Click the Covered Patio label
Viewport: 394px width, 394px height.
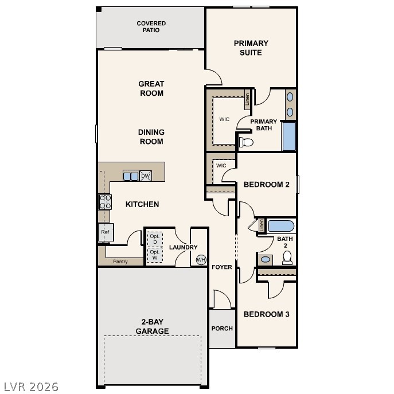pyautogui.click(x=151, y=27)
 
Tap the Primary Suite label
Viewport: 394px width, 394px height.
pyautogui.click(x=251, y=48)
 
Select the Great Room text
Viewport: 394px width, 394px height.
pyautogui.click(x=151, y=88)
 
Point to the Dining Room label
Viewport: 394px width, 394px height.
pyautogui.click(x=151, y=136)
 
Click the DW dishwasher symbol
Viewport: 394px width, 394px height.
pyautogui.click(x=146, y=176)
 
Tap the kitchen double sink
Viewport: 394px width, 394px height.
pyautogui.click(x=131, y=176)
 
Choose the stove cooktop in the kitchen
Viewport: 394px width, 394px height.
pyautogui.click(x=106, y=201)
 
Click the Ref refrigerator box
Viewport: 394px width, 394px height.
pyautogui.click(x=106, y=232)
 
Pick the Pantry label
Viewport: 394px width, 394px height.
pyautogui.click(x=120, y=262)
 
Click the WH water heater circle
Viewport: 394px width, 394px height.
pyautogui.click(x=201, y=260)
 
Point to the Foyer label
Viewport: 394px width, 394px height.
pyautogui.click(x=222, y=267)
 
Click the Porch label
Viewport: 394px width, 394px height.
pyautogui.click(x=222, y=329)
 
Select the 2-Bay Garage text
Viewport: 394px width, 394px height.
pyautogui.click(x=152, y=326)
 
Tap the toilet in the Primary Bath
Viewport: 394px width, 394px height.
pyautogui.click(x=245, y=141)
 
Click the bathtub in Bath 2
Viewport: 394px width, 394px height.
pyautogui.click(x=281, y=225)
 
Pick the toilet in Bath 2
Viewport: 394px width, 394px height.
pyautogui.click(x=287, y=258)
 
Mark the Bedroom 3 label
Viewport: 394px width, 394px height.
pyautogui.click(x=266, y=314)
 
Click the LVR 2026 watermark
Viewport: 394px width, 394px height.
pyautogui.click(x=30, y=387)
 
